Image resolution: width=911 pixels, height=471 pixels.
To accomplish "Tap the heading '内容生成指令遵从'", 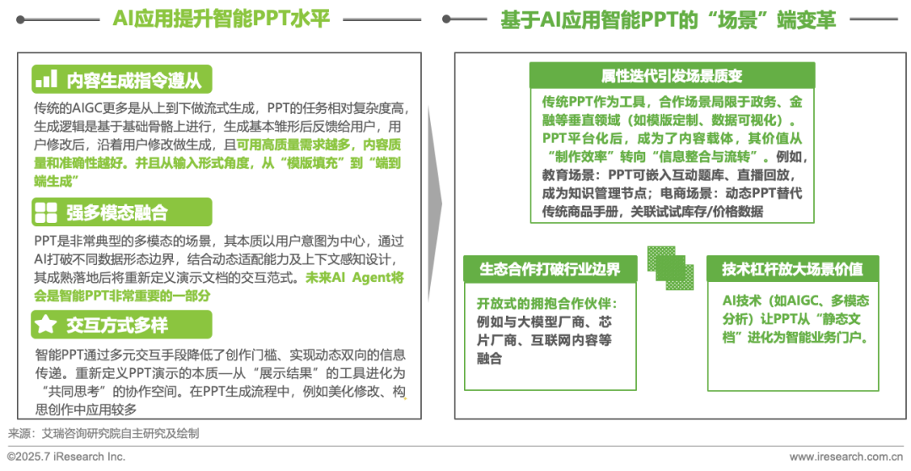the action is (x=134, y=80).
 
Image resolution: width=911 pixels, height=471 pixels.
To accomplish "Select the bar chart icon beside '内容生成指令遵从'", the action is (x=46, y=80).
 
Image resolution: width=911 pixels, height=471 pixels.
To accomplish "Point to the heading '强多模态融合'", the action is (x=117, y=212).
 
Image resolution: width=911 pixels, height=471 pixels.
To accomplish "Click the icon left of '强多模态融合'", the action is (x=46, y=212).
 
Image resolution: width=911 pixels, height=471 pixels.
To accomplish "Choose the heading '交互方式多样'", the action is (x=117, y=325).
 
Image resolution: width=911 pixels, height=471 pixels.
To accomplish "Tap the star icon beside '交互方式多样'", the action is (x=46, y=325).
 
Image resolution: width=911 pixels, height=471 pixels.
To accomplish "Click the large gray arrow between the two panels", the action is (x=434, y=203).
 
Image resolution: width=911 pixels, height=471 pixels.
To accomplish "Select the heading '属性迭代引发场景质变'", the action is (x=671, y=76).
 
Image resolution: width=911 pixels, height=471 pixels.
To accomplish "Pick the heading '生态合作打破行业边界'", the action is (x=549, y=269).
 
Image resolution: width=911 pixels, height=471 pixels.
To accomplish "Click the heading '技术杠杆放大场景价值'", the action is (x=792, y=269).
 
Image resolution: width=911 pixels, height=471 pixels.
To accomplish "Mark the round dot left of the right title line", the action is (x=447, y=19).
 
